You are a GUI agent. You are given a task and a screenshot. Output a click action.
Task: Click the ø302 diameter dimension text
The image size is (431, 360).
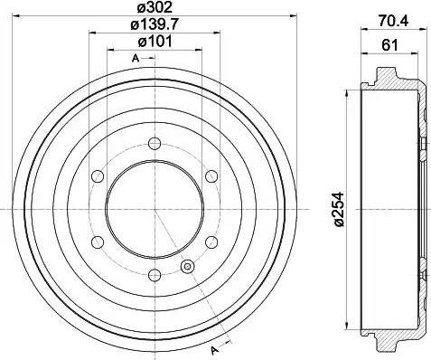click(x=155, y=9)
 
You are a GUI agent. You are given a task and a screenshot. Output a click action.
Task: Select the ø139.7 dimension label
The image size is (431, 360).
click(x=155, y=27)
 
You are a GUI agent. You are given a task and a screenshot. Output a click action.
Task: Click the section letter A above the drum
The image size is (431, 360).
click(x=136, y=59)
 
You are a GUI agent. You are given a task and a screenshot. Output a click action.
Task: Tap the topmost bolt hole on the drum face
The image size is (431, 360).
click(x=155, y=142)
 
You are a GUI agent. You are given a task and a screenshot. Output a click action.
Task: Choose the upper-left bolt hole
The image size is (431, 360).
click(x=97, y=175)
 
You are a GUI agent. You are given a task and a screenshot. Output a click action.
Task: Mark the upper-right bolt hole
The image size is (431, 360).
click(x=212, y=175)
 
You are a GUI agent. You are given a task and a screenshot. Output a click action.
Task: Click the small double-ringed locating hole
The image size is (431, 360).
click(x=188, y=266)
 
